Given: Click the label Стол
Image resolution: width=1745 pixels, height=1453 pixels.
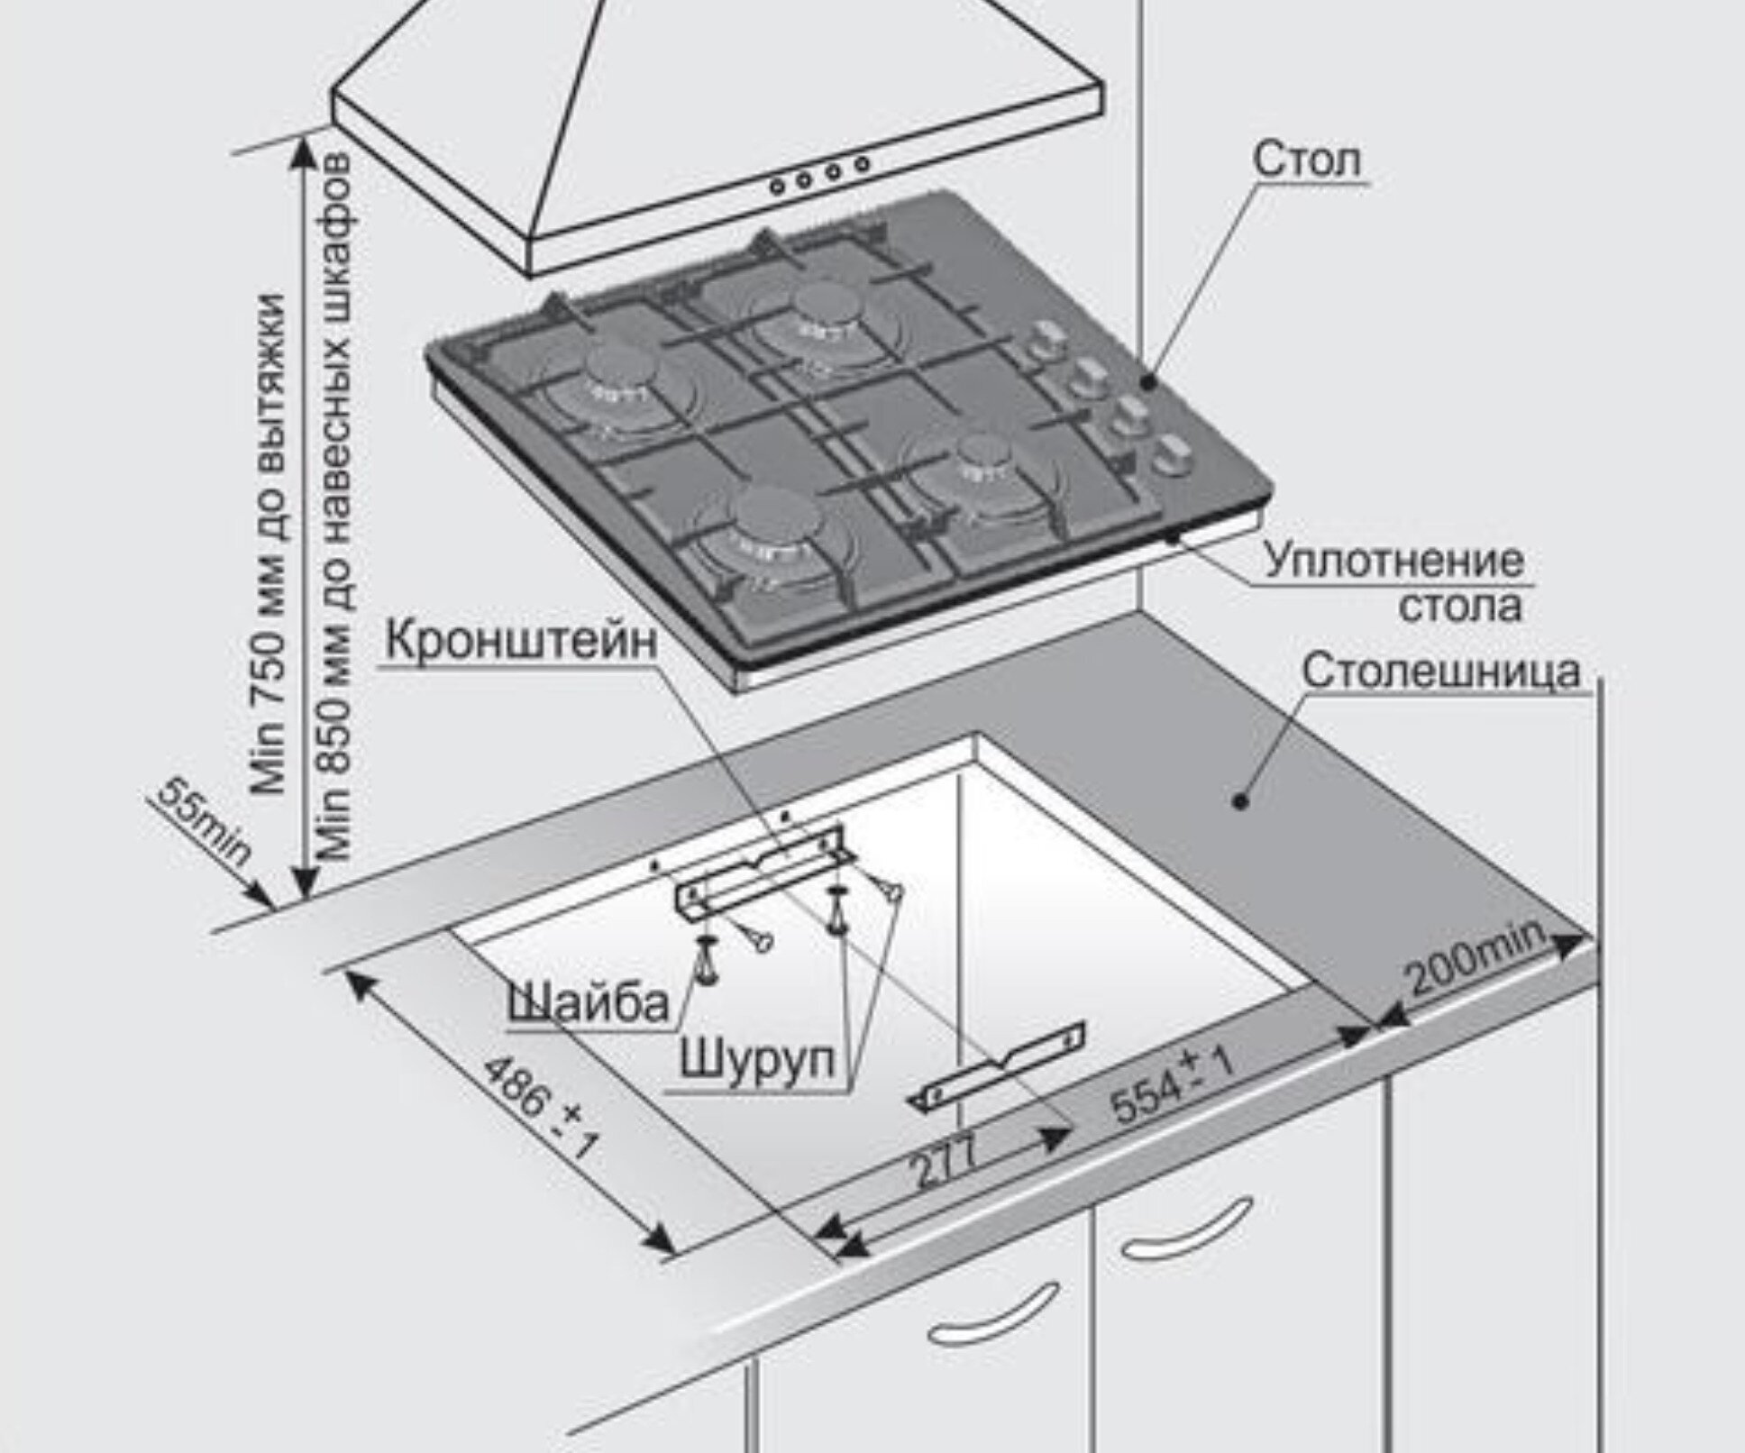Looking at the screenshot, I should [1306, 160].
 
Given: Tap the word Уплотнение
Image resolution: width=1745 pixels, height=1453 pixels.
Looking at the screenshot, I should [1393, 561].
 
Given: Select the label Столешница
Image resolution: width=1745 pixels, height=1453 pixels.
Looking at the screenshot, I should [1440, 672].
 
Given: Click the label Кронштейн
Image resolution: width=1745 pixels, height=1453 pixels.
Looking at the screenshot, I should [522, 642].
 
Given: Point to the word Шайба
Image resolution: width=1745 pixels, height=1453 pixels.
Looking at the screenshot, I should [588, 1001].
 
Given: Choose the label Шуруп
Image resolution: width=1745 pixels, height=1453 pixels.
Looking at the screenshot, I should [756, 1058].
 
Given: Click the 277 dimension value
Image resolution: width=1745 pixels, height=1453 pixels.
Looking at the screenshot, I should [943, 1162].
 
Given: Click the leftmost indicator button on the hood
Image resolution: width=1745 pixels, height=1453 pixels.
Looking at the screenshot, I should [777, 186].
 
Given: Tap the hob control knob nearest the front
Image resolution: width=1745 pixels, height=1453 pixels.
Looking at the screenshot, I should [1169, 456].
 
